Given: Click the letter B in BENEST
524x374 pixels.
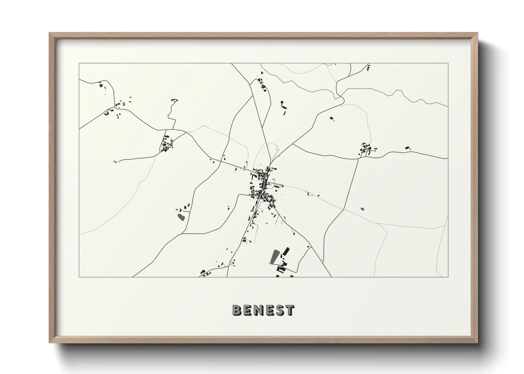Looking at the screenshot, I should click(x=237, y=310).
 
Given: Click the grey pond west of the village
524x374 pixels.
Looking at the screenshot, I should click(x=181, y=216).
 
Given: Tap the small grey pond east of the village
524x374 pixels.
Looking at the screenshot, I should click(x=362, y=209).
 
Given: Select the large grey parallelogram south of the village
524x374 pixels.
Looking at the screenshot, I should click(x=274, y=256).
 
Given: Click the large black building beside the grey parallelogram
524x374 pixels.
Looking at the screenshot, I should click(x=286, y=252).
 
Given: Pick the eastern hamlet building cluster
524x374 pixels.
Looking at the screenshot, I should click(x=366, y=149).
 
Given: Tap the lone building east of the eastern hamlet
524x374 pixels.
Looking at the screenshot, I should click(x=407, y=147).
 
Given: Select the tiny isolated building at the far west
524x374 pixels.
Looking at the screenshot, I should click(x=115, y=162).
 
